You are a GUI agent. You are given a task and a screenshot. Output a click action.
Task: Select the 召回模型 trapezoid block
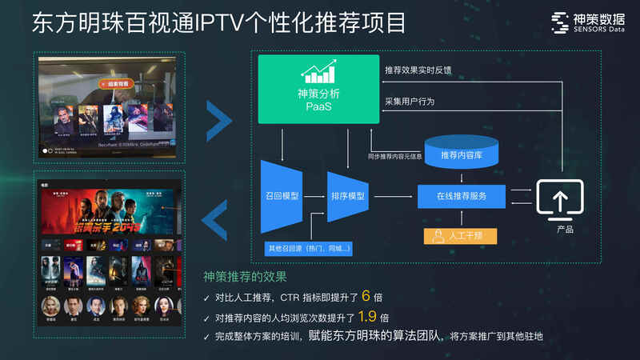(281, 196)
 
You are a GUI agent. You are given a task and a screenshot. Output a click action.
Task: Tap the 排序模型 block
(347, 196)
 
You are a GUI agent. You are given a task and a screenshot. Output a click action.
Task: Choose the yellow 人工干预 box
(459, 236)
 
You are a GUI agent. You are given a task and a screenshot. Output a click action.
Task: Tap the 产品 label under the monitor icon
(565, 230)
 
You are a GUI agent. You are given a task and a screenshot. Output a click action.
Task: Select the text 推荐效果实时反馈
(418, 70)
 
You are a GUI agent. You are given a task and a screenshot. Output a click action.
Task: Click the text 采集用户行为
(412, 102)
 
